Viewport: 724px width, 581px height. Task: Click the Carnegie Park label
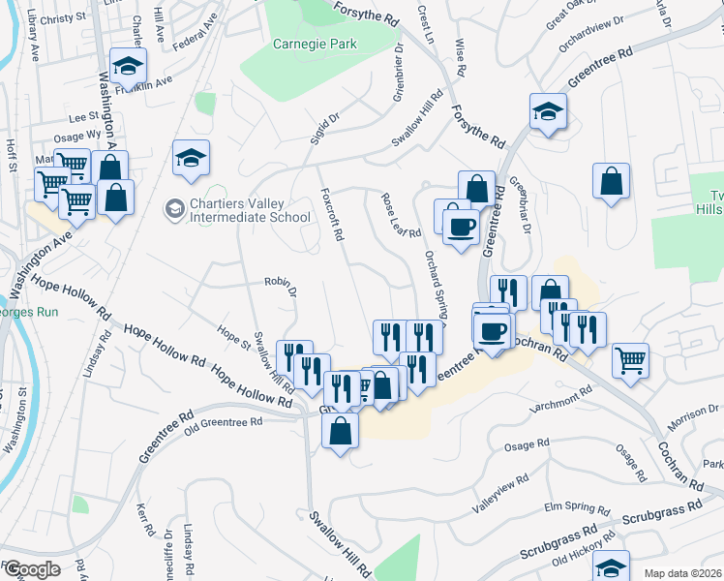click(x=315, y=44)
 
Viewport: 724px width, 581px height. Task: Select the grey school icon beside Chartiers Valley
click(x=174, y=208)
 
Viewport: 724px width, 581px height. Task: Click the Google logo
click(x=32, y=569)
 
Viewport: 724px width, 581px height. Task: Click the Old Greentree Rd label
click(x=224, y=422)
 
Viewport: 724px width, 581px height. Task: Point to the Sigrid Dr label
click(x=327, y=131)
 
